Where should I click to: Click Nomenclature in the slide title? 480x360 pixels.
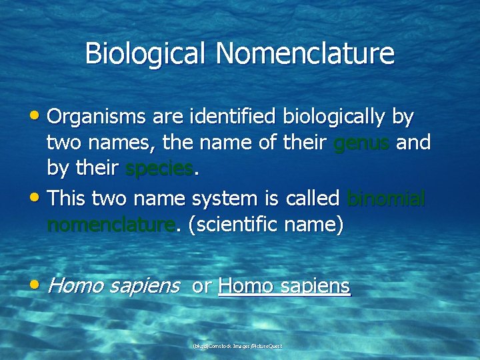tap(305, 54)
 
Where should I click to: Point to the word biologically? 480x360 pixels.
tap(335, 118)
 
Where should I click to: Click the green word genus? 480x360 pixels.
tap(361, 143)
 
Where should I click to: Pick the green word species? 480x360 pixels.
tap(159, 169)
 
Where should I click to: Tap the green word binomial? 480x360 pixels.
tap(387, 198)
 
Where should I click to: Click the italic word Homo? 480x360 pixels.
tap(75, 286)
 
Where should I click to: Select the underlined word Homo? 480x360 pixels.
tap(246, 286)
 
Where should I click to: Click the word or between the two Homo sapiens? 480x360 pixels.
tap(201, 287)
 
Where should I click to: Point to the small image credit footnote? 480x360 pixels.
tap(237, 346)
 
